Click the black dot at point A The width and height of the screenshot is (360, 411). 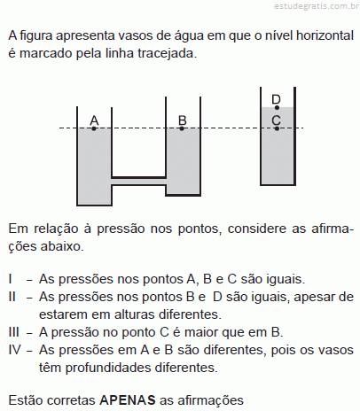tap(94, 128)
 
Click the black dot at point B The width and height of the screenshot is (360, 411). tap(182, 128)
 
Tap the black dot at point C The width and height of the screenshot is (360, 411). tap(277, 128)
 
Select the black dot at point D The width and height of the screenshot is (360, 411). tap(277, 108)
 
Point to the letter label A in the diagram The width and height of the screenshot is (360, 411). tap(94, 120)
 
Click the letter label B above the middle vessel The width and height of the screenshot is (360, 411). tap(183, 120)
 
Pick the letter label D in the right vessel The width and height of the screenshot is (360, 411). tap(276, 99)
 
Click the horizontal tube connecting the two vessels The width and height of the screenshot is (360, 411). tap(138, 182)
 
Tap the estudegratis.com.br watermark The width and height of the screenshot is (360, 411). tap(317, 6)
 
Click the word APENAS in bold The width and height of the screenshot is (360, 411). tap(128, 400)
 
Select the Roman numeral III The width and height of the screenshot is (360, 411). tap(13, 332)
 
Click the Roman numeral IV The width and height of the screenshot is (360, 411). tap(15, 350)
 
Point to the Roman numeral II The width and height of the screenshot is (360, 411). tap(12, 297)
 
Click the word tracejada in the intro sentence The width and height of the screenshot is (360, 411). tap(167, 53)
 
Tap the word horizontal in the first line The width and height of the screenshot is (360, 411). tap(325, 35)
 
